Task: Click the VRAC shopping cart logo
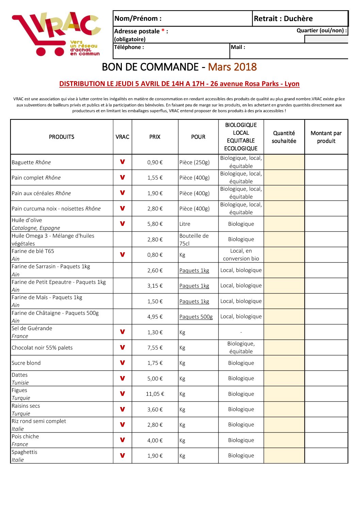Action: [56, 34]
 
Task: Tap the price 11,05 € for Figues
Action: [155, 394]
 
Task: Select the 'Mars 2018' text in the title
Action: [232, 67]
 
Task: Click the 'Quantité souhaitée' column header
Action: [284, 137]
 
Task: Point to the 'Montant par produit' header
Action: [326, 137]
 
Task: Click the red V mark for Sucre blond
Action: [122, 363]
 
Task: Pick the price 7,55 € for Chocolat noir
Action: [155, 348]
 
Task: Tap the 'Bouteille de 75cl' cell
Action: [194, 240]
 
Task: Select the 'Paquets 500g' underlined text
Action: [196, 317]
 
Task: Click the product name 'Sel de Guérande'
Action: [32, 328]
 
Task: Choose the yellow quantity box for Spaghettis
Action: [284, 456]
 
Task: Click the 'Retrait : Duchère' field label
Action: [283, 19]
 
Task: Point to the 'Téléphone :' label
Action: [129, 47]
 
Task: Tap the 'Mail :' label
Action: [238, 47]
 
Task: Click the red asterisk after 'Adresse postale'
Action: [163, 31]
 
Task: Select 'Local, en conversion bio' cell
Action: [241, 255]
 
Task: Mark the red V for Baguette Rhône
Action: [122, 162]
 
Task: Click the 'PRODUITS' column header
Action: [62, 137]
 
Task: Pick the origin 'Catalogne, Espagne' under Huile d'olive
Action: [36, 228]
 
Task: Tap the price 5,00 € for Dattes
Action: [155, 379]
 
